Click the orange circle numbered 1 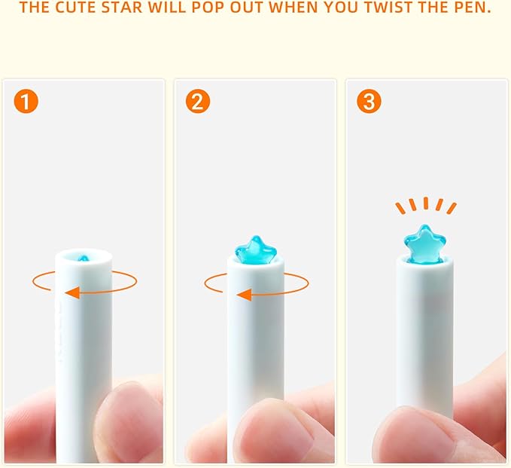click(x=26, y=102)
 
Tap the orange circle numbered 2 click(x=198, y=102)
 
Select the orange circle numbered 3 click(x=369, y=102)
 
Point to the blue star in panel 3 click(x=424, y=244)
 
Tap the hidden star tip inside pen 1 click(x=84, y=258)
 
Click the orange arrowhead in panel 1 click(x=72, y=292)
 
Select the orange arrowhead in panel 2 click(x=244, y=295)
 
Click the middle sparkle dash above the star click(x=426, y=203)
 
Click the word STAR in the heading click(x=122, y=8)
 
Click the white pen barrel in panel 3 click(x=424, y=333)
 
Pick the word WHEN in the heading click(x=293, y=8)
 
